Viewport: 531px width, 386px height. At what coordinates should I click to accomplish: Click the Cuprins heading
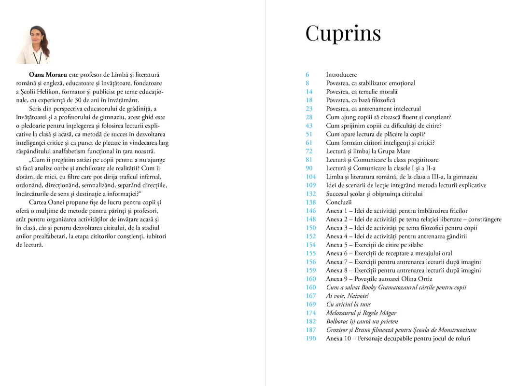(x=343, y=33)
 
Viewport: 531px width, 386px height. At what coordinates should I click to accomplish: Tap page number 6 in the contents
(x=307, y=75)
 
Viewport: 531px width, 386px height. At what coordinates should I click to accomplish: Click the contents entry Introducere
(x=341, y=75)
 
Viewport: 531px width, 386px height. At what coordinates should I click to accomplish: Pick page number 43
(x=309, y=126)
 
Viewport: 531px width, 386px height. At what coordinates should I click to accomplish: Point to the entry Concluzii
(x=339, y=202)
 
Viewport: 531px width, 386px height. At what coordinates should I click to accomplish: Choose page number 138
(x=310, y=202)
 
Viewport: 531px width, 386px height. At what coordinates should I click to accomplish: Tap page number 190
(x=310, y=338)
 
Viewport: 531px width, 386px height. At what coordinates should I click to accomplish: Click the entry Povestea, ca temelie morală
(x=362, y=92)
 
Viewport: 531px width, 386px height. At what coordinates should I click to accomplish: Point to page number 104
(x=310, y=177)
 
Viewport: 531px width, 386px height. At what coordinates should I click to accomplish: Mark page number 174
(x=310, y=313)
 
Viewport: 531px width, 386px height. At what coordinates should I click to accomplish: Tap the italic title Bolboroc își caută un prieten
(x=362, y=321)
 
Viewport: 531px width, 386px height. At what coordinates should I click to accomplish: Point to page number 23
(x=309, y=109)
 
